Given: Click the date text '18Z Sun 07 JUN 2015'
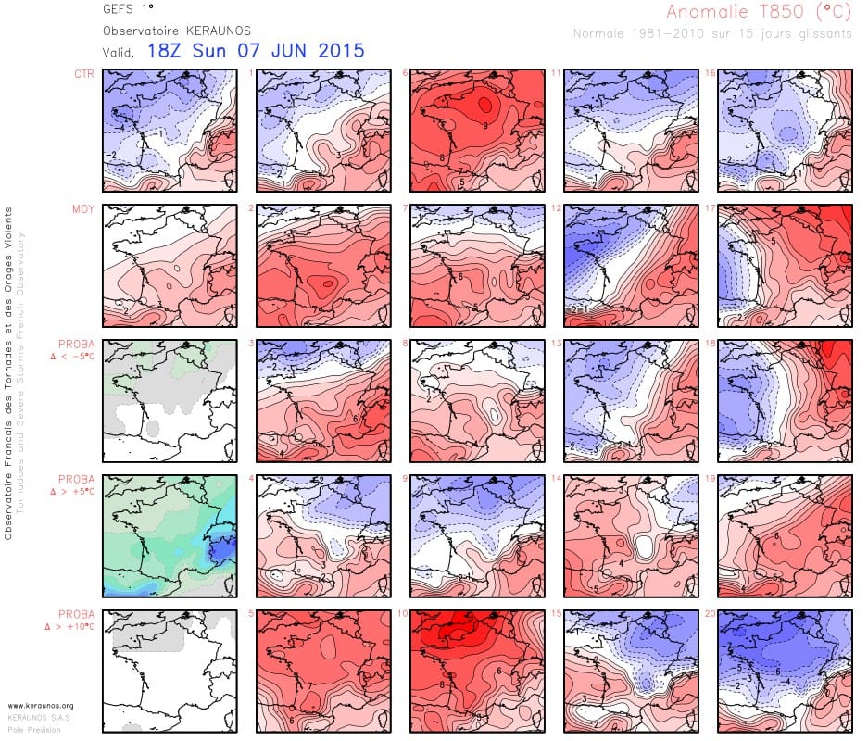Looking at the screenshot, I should click(255, 51).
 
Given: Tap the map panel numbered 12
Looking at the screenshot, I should click(631, 265).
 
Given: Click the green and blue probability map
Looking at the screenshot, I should click(169, 535).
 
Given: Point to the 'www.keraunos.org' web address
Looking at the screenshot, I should click(41, 706).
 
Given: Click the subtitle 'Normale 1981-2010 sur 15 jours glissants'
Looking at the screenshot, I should click(712, 34).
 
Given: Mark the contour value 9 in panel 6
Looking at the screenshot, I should click(484, 124).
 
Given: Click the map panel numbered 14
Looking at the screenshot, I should click(631, 535).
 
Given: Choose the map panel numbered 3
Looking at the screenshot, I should click(321, 400).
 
